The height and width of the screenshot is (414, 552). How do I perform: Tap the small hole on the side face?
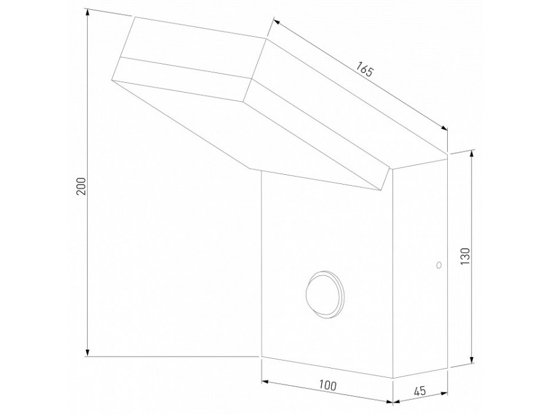[438, 265]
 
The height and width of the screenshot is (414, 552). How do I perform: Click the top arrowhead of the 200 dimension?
[87, 12]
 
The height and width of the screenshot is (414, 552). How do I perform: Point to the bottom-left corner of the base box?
[262, 355]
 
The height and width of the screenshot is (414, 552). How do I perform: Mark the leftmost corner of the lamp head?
[112, 79]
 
